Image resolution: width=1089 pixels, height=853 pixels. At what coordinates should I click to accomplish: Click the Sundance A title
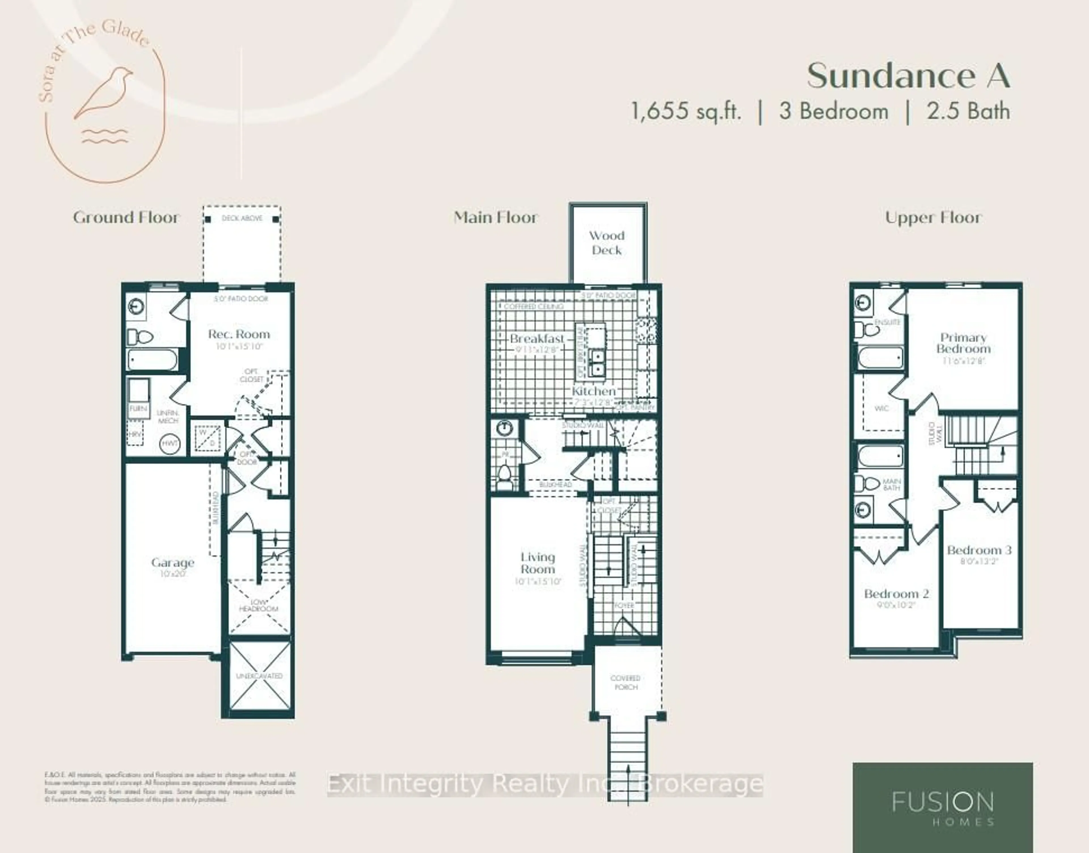[x=908, y=76]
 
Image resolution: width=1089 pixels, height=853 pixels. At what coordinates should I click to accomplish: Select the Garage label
[x=172, y=563]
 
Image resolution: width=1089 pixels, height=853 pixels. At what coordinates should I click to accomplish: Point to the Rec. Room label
[x=239, y=334]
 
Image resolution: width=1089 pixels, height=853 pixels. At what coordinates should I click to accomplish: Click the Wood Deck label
[x=606, y=243]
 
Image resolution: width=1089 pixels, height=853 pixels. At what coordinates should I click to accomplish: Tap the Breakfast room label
[x=537, y=339]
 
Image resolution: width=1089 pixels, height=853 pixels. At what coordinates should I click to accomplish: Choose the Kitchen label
[x=594, y=391]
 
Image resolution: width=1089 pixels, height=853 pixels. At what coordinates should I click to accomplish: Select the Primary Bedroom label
[x=963, y=343]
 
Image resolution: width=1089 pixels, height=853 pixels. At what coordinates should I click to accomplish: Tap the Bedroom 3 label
[x=979, y=550]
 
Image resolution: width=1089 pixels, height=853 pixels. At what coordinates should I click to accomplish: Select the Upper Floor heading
[x=933, y=218]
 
